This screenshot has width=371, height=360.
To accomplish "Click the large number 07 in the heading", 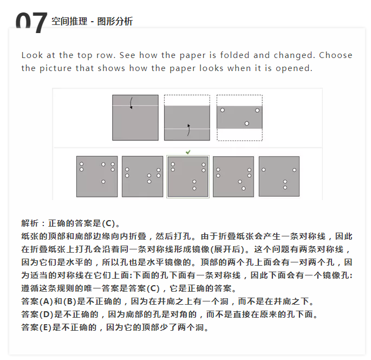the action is (31, 23).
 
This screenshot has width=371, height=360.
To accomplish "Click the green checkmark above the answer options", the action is (188, 152).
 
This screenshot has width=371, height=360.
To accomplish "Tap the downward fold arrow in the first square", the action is (131, 103).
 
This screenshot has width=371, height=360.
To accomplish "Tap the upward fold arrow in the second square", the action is (188, 130).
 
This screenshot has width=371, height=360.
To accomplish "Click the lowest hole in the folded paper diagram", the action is (247, 124).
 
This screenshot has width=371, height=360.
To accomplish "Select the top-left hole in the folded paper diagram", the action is (223, 110).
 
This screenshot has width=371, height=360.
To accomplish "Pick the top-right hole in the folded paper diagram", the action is (257, 111).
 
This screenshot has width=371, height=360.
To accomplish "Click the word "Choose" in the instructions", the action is (335, 55).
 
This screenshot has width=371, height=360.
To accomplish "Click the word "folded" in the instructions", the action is (235, 55).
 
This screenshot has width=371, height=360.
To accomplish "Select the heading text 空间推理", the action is (69, 21).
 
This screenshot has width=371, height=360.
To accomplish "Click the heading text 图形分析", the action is (115, 21).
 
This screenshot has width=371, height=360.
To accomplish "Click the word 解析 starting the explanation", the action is (30, 223).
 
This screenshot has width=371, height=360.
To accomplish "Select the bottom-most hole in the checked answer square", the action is (194, 189).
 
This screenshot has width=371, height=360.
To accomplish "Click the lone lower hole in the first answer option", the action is (103, 182).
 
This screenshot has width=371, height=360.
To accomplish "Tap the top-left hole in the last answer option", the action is (264, 170).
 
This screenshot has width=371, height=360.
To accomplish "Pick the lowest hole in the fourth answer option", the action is (244, 189).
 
